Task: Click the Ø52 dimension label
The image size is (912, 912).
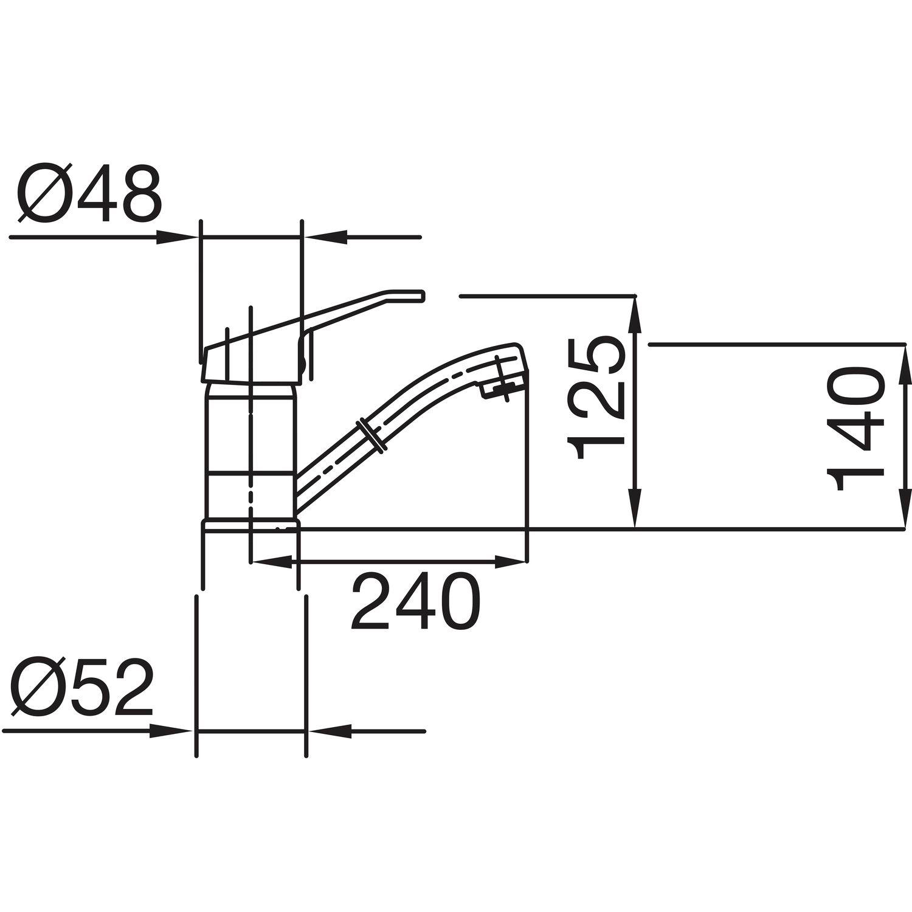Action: point(84,686)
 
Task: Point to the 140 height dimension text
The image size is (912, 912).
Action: point(855,429)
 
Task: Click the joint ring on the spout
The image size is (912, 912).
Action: point(371,434)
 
